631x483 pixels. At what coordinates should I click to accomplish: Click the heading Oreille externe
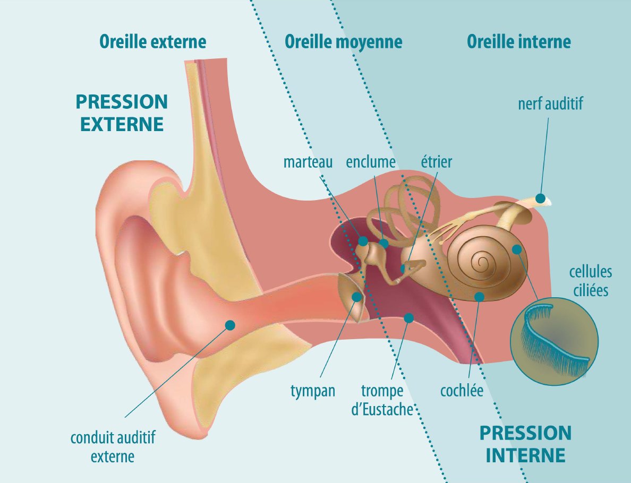coord(152,42)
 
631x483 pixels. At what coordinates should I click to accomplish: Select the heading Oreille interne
coord(519,42)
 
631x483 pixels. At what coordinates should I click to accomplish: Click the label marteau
coord(308,162)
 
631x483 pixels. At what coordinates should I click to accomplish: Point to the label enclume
coord(371,162)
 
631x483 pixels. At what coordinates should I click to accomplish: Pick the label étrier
coord(436,162)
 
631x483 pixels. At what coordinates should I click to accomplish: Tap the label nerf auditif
coord(550,103)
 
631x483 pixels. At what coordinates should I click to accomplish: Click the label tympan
coord(313,391)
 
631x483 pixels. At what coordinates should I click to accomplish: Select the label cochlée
coord(462,391)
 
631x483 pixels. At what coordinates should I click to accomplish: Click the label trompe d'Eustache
coord(382,400)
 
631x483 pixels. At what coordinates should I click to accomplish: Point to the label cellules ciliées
coord(590,281)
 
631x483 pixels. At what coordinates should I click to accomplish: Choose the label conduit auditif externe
coord(113,447)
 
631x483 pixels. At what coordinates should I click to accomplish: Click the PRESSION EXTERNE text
coord(122,113)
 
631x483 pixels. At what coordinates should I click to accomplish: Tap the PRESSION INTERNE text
coord(525,444)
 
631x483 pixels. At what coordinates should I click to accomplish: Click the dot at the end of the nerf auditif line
coord(541,199)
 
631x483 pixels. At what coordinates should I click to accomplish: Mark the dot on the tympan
coord(357,297)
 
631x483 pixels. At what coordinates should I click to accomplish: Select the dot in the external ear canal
coord(230,325)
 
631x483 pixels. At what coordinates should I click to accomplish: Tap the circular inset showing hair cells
coord(554,341)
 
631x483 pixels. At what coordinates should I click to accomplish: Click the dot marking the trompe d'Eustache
coord(408,318)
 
